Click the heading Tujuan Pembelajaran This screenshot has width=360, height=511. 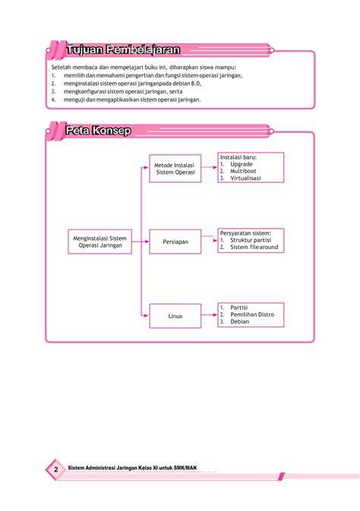(x=123, y=50)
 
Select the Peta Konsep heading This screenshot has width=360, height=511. (x=98, y=131)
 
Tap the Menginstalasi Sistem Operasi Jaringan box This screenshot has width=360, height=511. (x=99, y=241)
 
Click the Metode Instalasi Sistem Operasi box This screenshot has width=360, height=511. (x=175, y=169)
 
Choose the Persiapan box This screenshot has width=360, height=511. (x=175, y=241)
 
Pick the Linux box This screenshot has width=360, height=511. (x=175, y=316)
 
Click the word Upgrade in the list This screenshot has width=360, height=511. (x=242, y=164)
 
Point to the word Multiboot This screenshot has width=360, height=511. (x=243, y=171)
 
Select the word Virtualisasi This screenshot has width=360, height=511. (x=245, y=178)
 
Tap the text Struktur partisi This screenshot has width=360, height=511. (x=251, y=240)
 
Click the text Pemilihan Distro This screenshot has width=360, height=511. (x=252, y=314)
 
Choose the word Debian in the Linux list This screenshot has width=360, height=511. (x=240, y=322)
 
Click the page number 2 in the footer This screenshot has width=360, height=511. (x=55, y=469)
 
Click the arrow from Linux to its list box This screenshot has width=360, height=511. (x=210, y=315)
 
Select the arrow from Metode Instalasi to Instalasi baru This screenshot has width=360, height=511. (x=210, y=167)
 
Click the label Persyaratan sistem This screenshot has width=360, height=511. (x=245, y=233)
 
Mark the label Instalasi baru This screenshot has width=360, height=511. (x=238, y=157)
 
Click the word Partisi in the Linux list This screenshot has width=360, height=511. (x=239, y=308)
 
